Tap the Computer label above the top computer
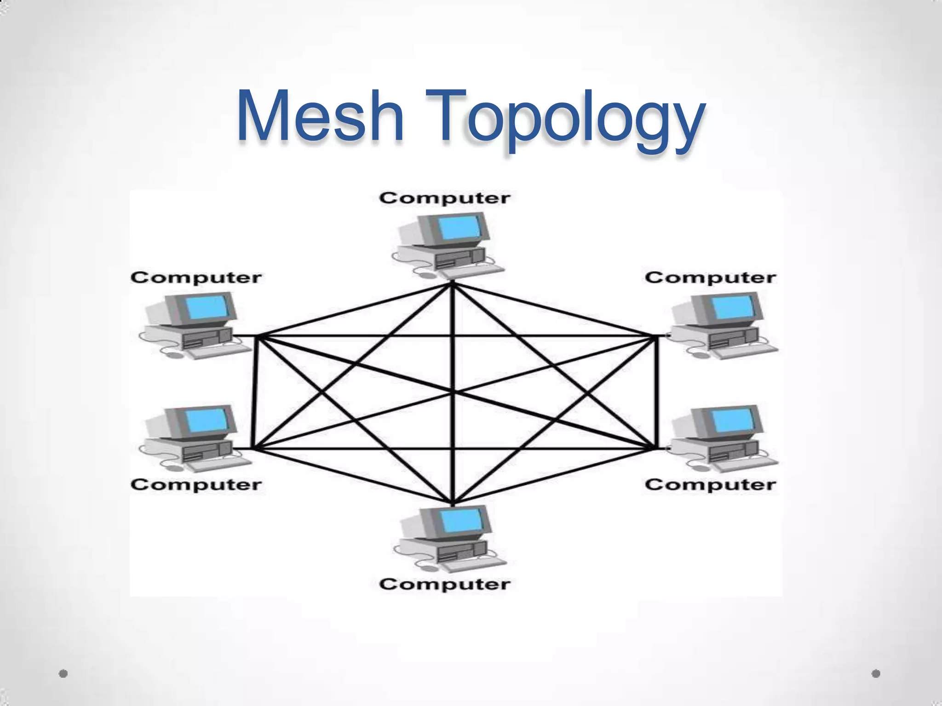click(445, 199)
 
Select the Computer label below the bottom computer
click(445, 584)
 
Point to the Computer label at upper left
click(196, 278)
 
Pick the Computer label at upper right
click(710, 278)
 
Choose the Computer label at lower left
click(196, 484)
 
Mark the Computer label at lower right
click(710, 484)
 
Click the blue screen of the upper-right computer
click(735, 307)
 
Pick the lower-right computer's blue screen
click(735, 420)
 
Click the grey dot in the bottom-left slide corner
click(63, 674)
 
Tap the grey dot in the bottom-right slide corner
click(876, 674)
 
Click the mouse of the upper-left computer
click(173, 355)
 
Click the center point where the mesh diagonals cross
click(454, 392)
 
